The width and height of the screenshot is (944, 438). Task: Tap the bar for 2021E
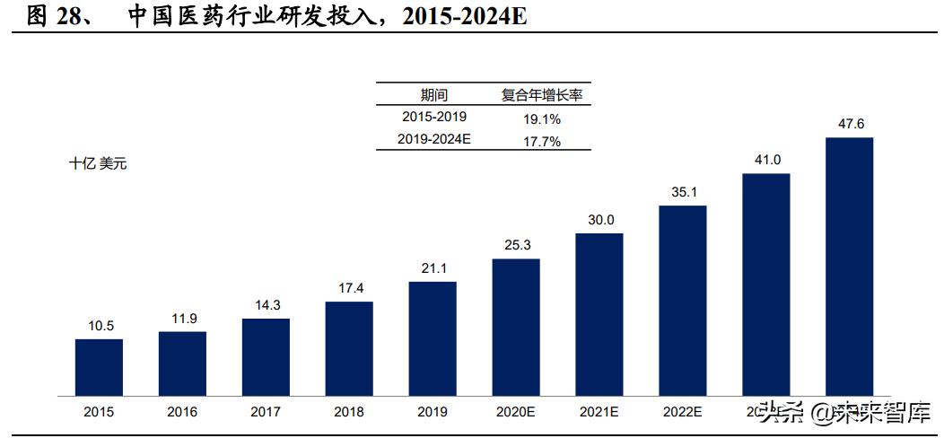pos(599,314)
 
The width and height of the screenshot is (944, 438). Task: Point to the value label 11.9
pos(182,319)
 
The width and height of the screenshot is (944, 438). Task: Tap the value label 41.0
pos(765,160)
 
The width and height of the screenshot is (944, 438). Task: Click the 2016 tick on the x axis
pos(182,412)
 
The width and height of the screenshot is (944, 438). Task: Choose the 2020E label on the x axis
pos(515,412)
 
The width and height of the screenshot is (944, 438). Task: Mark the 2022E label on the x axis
pos(682,412)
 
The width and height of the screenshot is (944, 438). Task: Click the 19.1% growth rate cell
pos(541,118)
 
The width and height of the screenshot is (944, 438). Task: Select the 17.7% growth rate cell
pos(541,140)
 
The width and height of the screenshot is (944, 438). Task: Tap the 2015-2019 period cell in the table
pos(434,117)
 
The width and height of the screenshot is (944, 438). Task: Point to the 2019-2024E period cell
pos(434,139)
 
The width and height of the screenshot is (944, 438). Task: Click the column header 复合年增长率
pos(541,95)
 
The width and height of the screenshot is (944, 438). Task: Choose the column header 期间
pos(434,95)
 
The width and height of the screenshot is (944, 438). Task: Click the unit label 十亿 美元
pos(98,164)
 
